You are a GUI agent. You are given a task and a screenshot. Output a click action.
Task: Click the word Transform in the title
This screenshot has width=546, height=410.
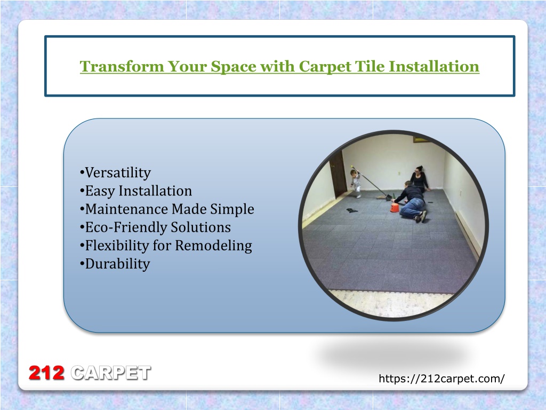[122, 66]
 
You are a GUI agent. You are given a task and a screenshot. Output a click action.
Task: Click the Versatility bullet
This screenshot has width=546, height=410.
[115, 172]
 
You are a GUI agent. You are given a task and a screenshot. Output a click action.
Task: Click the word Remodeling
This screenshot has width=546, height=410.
[213, 246]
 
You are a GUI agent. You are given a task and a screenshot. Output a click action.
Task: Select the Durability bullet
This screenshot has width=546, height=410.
[115, 264]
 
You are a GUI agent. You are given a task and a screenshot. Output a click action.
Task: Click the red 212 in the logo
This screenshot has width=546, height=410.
[47, 373]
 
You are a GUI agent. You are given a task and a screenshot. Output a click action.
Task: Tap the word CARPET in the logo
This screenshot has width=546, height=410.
[111, 373]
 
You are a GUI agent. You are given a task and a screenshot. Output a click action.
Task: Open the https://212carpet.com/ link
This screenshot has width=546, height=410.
[441, 379]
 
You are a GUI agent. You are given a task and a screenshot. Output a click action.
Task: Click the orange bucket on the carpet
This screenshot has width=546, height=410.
[395, 208]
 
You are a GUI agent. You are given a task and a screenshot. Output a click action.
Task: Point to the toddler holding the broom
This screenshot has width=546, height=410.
[356, 184]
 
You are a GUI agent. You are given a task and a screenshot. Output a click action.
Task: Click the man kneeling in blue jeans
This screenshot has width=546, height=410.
[411, 202]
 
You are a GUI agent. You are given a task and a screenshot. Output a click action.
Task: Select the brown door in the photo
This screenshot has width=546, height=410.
[338, 175]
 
